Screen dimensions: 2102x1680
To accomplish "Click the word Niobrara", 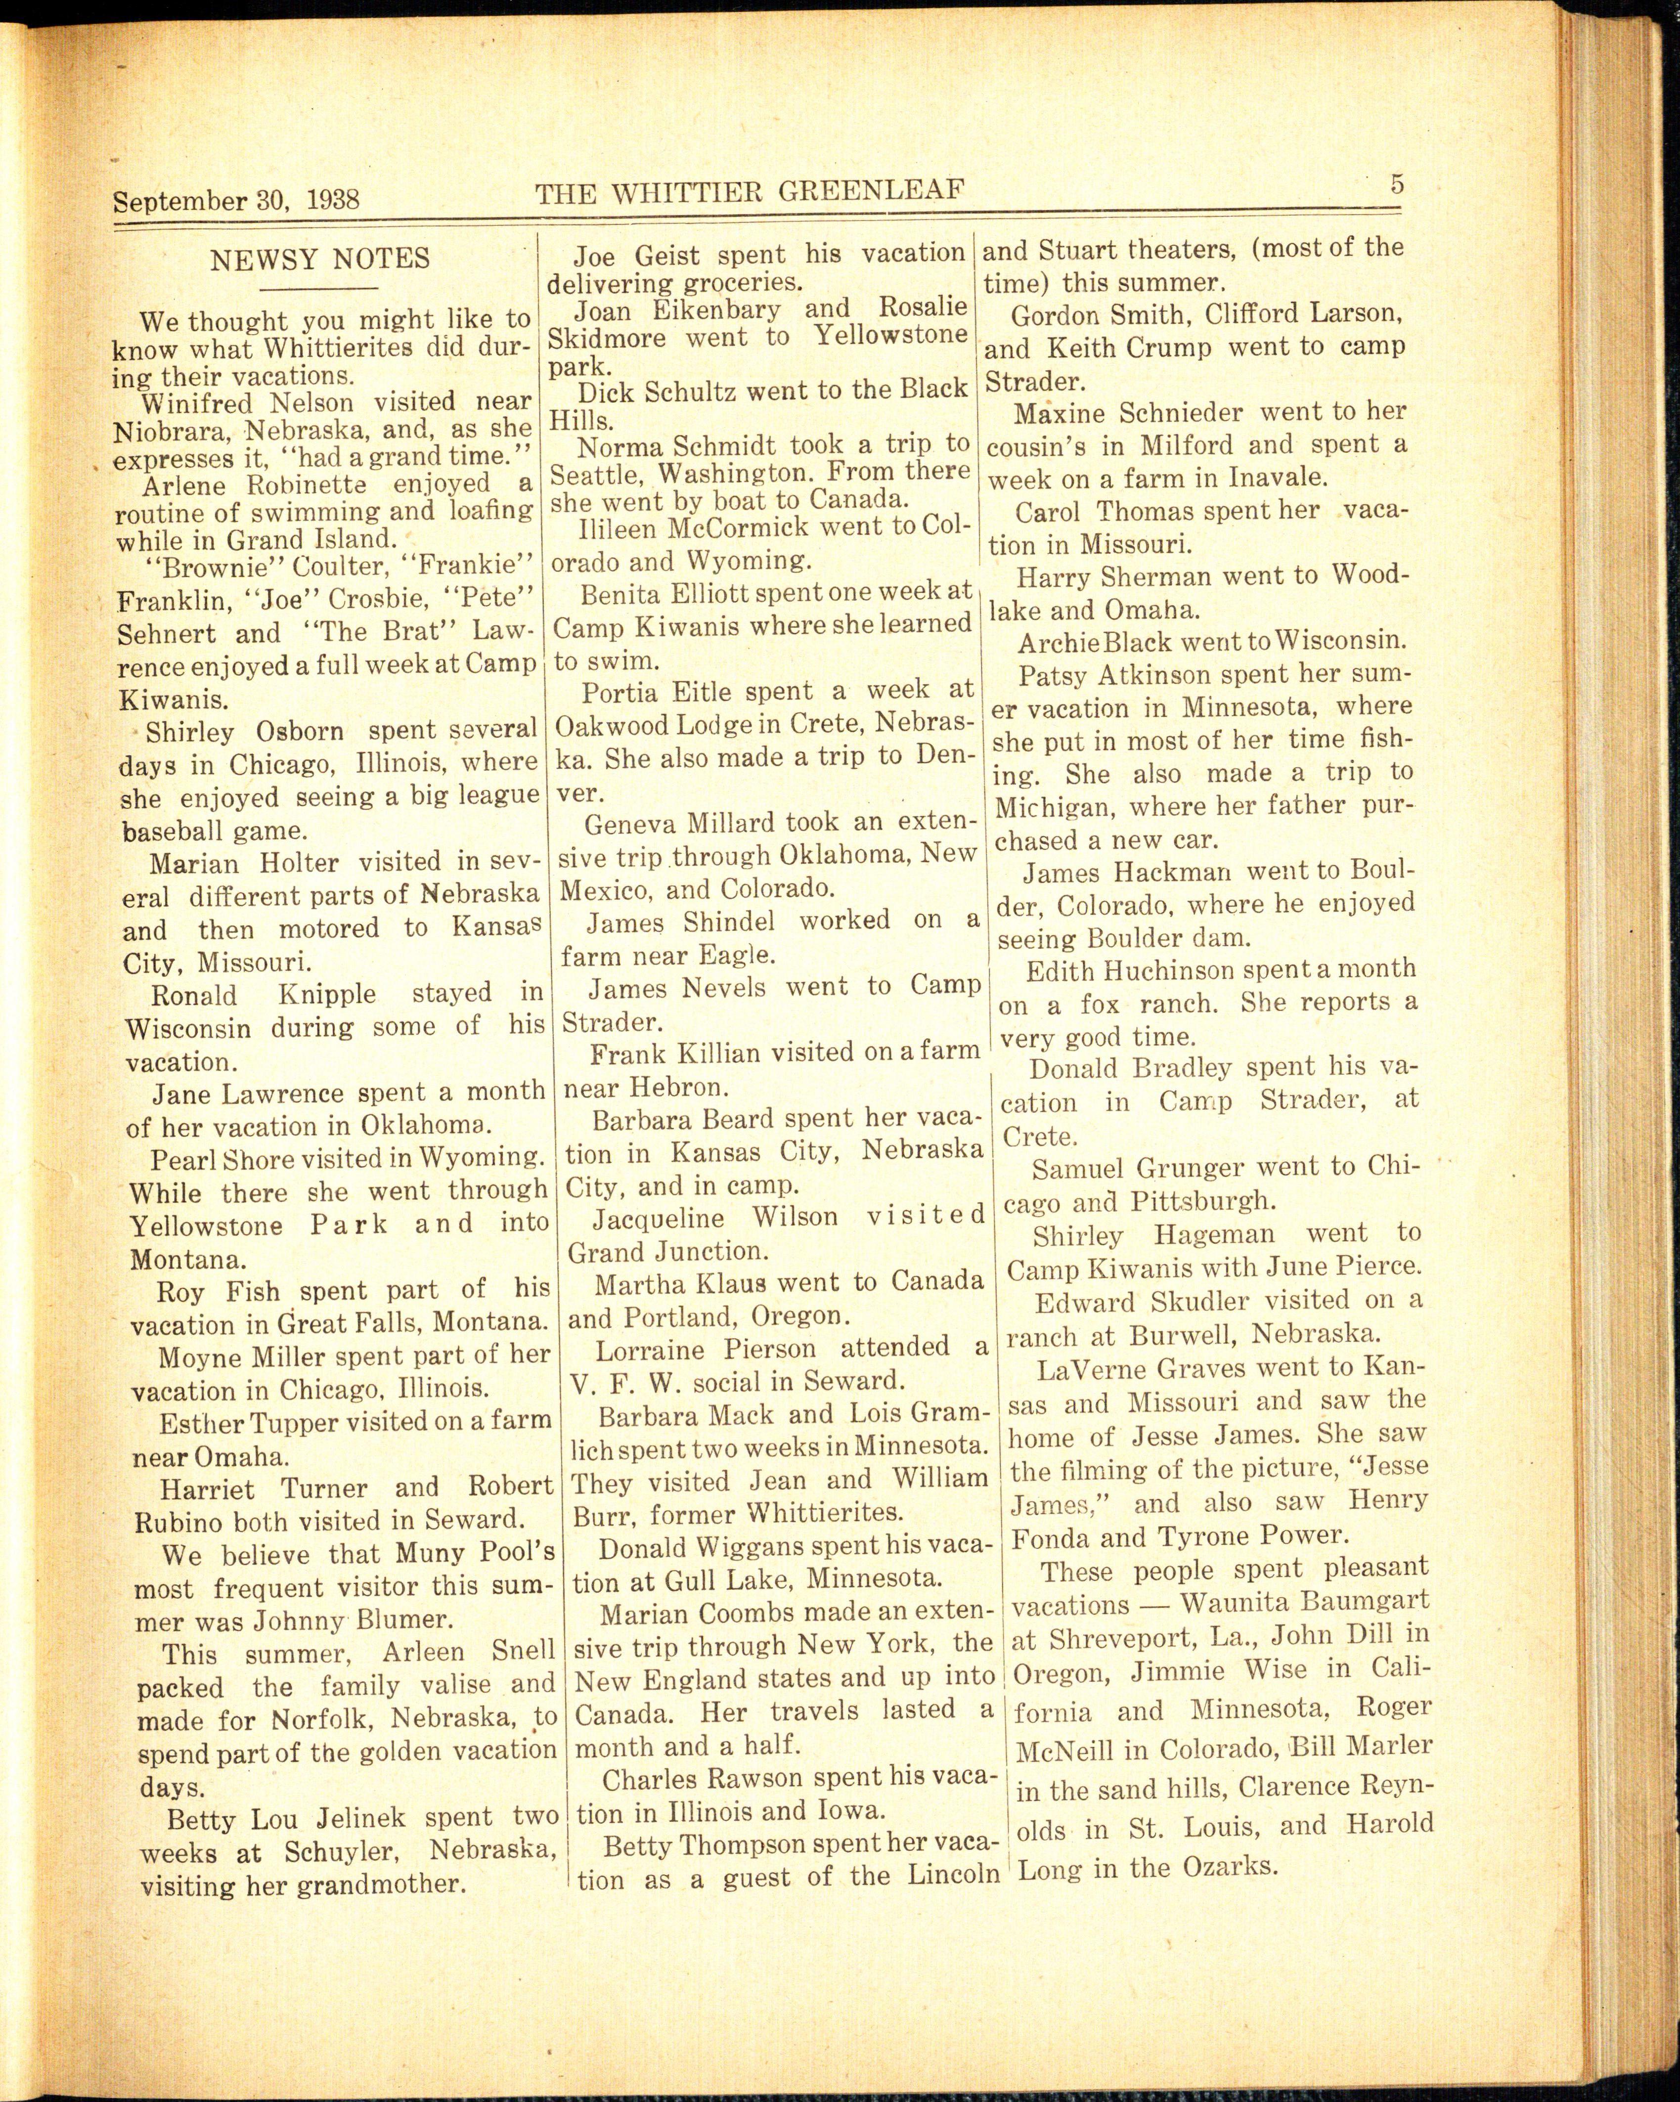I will [169, 431].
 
